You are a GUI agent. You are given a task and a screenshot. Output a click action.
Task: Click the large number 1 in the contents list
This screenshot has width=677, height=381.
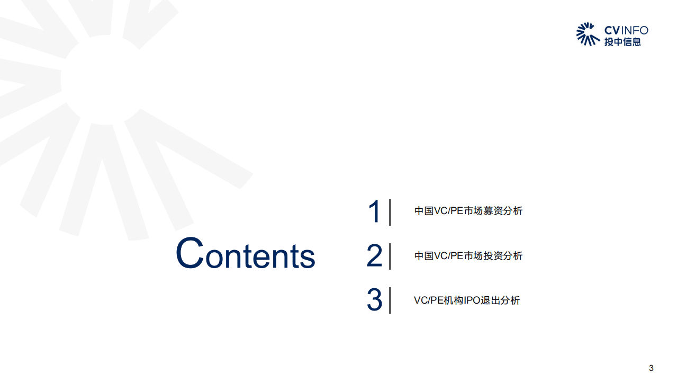pos(374,212)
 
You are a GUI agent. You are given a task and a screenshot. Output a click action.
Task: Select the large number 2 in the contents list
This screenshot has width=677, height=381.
pos(374,256)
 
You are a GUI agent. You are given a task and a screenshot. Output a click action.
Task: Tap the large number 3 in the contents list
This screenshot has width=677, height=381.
pos(374,300)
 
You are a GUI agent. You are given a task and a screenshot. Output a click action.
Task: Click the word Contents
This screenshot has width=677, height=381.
pos(245,254)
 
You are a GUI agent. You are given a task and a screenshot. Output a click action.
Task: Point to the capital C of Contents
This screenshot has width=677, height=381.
pos(189,253)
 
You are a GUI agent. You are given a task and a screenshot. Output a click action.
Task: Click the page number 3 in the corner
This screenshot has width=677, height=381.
pos(651,368)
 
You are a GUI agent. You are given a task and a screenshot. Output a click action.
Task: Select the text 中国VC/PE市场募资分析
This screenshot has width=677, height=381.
pos(468,211)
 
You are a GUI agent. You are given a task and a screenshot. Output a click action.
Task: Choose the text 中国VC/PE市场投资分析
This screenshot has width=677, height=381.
pos(468,256)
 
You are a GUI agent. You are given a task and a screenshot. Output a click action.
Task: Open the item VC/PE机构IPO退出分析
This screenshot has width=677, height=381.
pos(466,300)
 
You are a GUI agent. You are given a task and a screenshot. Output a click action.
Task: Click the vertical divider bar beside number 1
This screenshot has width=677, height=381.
pos(390,212)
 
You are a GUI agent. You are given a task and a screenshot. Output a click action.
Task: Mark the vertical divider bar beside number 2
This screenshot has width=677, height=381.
pos(390,256)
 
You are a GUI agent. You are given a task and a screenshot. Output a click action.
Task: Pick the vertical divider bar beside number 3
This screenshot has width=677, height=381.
pos(390,300)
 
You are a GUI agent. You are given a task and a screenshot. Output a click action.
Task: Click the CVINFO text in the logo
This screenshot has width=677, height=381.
pos(626,30)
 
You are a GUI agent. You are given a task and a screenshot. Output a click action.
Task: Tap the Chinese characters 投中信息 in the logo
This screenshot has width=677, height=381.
pos(622,42)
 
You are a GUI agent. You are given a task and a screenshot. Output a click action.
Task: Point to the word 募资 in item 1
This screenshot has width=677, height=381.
pos(492,211)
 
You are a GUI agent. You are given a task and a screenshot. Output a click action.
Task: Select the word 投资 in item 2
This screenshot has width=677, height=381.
pos(492,256)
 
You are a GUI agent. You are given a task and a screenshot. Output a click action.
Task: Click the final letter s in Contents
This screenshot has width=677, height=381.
pos(308,257)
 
